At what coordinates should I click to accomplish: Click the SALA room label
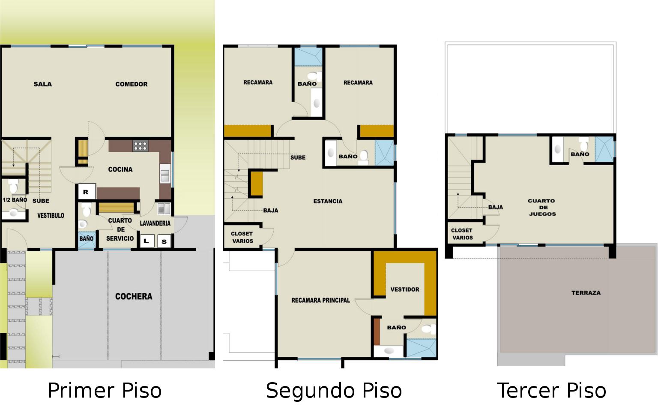[42, 84]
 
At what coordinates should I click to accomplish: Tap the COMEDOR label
[132, 84]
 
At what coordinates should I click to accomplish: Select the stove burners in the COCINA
[140, 146]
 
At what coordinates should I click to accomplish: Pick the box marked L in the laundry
[147, 241]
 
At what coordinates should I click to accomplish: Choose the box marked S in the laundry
[164, 241]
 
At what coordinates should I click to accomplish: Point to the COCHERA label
[134, 296]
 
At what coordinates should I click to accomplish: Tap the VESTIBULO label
[51, 215]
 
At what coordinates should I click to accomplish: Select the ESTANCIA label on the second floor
[328, 201]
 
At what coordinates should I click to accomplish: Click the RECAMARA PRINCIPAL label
[320, 300]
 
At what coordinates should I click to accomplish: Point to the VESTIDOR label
[405, 289]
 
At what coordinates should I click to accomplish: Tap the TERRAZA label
[586, 293]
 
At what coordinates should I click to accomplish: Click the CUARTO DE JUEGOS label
[542, 207]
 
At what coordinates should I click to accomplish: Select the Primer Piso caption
[105, 391]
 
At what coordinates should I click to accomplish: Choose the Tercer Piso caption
[551, 391]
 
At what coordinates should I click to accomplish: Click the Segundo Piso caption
[334, 391]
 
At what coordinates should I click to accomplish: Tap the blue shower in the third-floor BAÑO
[604, 149]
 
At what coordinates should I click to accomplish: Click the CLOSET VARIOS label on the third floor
[462, 234]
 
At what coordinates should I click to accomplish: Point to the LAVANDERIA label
[155, 223]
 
